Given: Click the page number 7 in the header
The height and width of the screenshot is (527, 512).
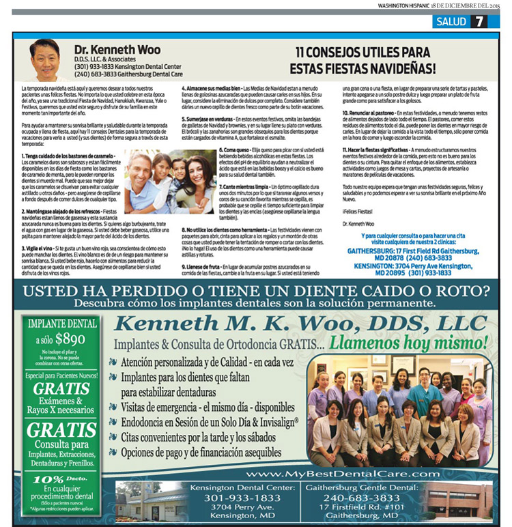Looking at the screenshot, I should pyautogui.click(x=479, y=21).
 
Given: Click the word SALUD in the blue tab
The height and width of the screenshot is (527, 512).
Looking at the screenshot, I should pyautogui.click(x=451, y=21).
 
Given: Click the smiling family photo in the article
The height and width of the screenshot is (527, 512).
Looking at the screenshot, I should pyautogui.click(x=170, y=182).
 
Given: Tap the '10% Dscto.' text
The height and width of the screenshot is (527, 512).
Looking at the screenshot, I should pyautogui.click(x=59, y=481).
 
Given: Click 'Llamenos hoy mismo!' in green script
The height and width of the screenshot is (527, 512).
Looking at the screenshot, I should pyautogui.click(x=408, y=342).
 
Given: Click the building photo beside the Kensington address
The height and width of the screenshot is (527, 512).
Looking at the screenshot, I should pyautogui.click(x=147, y=501).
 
